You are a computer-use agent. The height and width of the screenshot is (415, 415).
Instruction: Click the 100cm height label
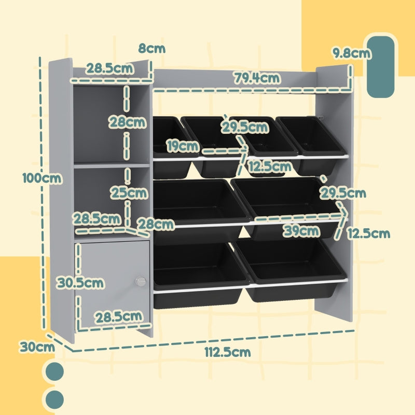pos(41,177)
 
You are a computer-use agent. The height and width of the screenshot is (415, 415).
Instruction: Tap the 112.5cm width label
pos(227,353)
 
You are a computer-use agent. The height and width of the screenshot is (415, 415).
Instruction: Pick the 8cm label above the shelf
pos(151,49)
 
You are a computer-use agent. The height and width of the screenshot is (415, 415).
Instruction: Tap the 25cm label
pos(128,192)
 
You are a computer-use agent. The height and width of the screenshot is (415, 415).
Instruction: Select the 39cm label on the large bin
pos(301,230)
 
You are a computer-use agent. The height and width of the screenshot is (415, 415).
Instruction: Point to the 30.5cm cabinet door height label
pos(80,283)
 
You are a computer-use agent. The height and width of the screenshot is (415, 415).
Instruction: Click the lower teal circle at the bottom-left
pos(54,399)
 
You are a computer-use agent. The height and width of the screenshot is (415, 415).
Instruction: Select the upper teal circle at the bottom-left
pos(54,372)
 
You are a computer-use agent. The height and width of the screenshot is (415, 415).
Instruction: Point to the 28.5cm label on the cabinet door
pos(118,316)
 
